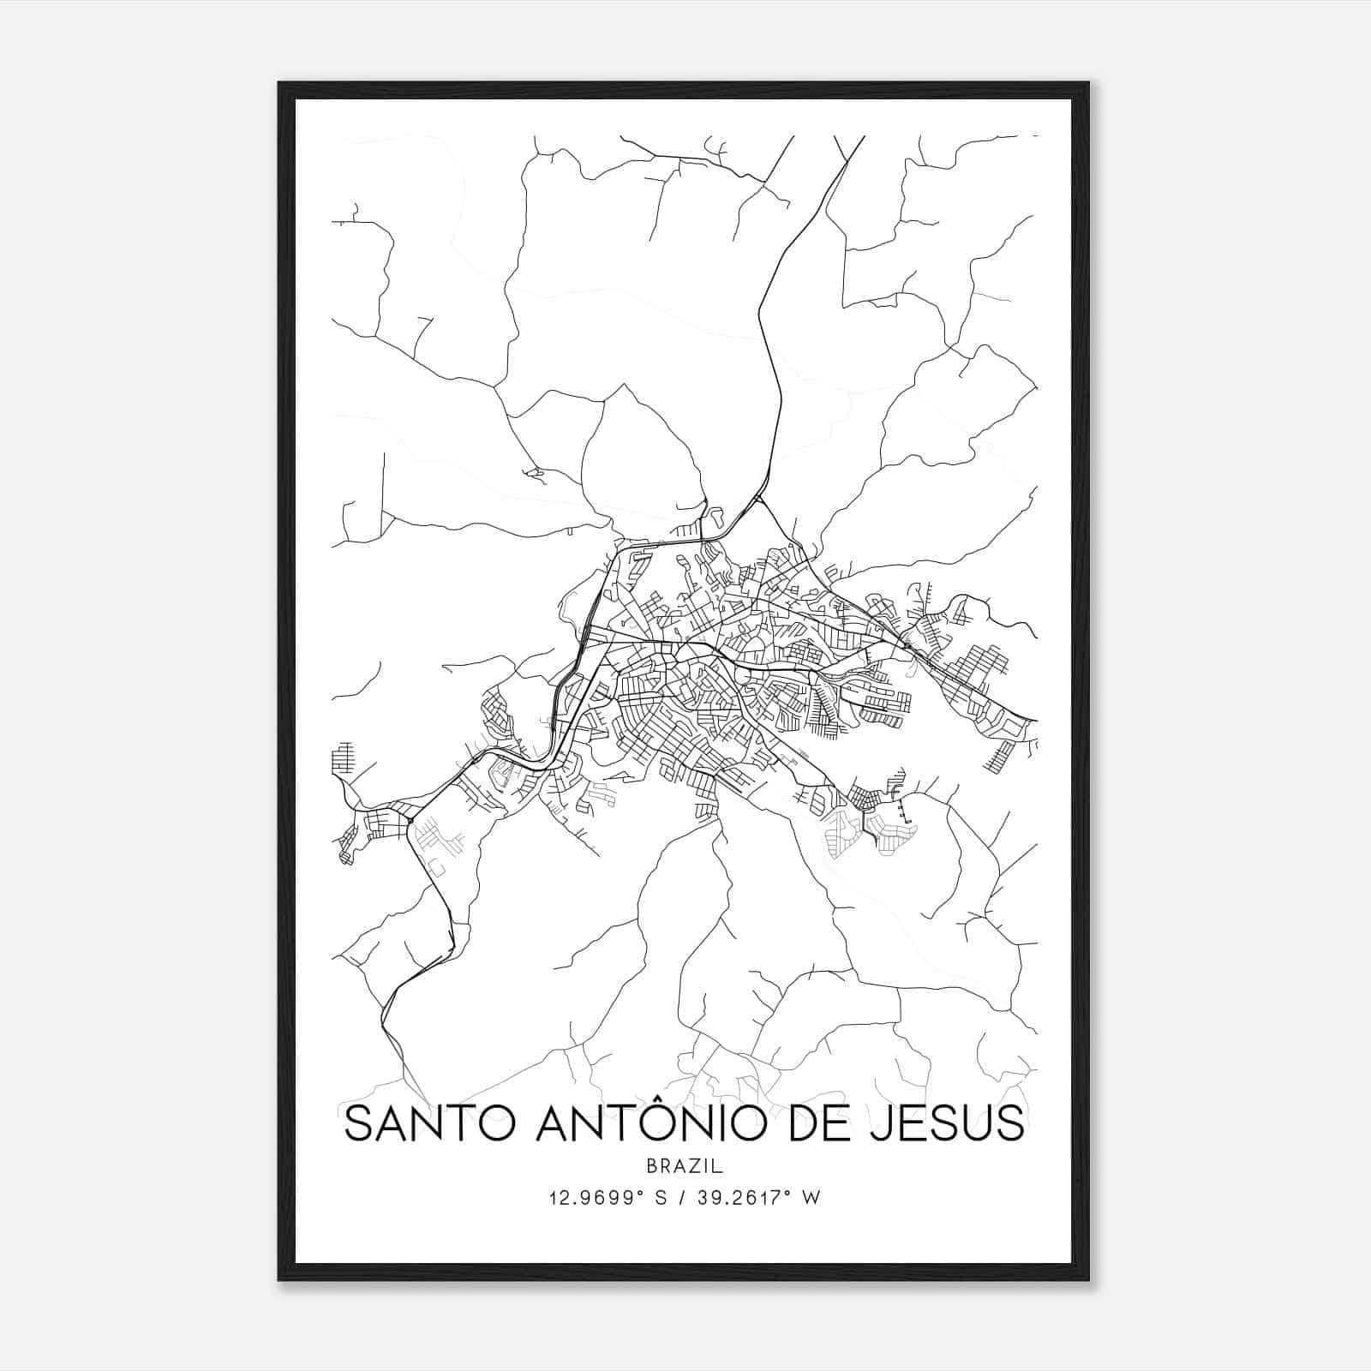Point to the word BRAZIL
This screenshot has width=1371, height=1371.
tap(685, 1166)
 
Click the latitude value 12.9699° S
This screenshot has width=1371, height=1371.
tap(608, 1198)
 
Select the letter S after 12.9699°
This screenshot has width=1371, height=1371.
tap(661, 1198)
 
